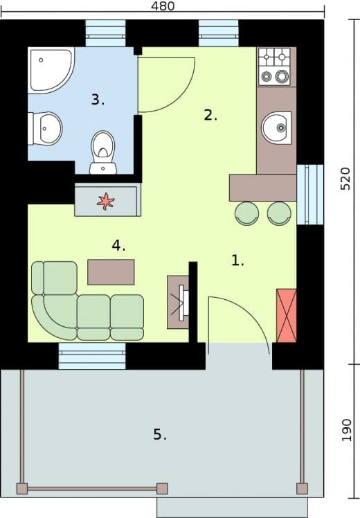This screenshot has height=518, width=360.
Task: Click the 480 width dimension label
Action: point(163,6)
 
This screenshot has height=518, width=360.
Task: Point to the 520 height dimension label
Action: point(345,179)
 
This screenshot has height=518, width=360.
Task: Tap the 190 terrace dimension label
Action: point(346,430)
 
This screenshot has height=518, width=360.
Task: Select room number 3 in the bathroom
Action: point(98,100)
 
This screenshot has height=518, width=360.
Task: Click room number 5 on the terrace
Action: point(159,434)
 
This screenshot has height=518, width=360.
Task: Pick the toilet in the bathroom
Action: point(103,152)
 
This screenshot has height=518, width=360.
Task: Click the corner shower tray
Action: point(51,71)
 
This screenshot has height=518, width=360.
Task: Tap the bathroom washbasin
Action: point(46,129)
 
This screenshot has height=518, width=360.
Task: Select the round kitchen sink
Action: point(276,128)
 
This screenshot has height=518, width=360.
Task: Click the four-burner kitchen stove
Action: point(273,66)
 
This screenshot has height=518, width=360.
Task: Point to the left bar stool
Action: point(246,213)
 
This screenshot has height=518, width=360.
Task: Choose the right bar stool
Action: point(279,213)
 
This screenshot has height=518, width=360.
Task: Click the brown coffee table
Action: point(111,272)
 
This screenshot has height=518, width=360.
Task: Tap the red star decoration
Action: point(105,202)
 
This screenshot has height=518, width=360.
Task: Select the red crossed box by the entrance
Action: point(287,316)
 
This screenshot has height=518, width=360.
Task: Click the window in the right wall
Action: point(310,195)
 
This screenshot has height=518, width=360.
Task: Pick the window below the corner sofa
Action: point(92,356)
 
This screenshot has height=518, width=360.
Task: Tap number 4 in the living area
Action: point(118,245)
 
